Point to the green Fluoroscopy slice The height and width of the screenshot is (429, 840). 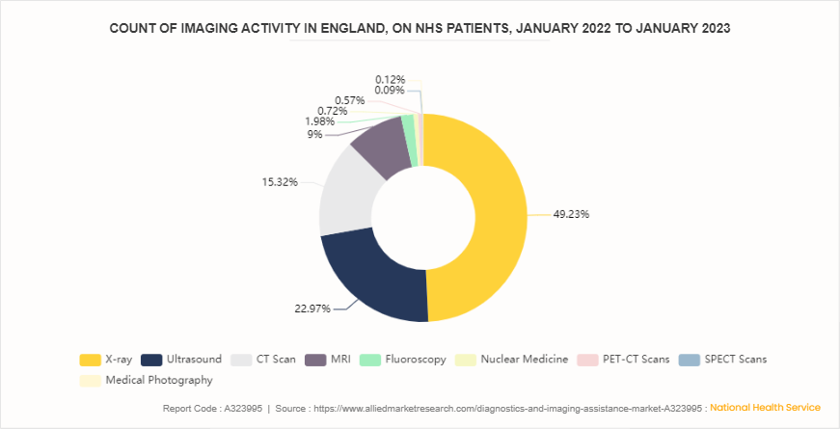click(410, 127)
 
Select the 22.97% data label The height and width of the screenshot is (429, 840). click(312, 308)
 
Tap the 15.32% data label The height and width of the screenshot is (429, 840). click(280, 181)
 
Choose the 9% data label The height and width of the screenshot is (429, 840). click(315, 135)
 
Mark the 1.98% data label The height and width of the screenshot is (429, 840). click(319, 121)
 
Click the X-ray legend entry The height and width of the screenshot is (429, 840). click(105, 360)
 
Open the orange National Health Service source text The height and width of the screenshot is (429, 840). click(765, 408)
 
